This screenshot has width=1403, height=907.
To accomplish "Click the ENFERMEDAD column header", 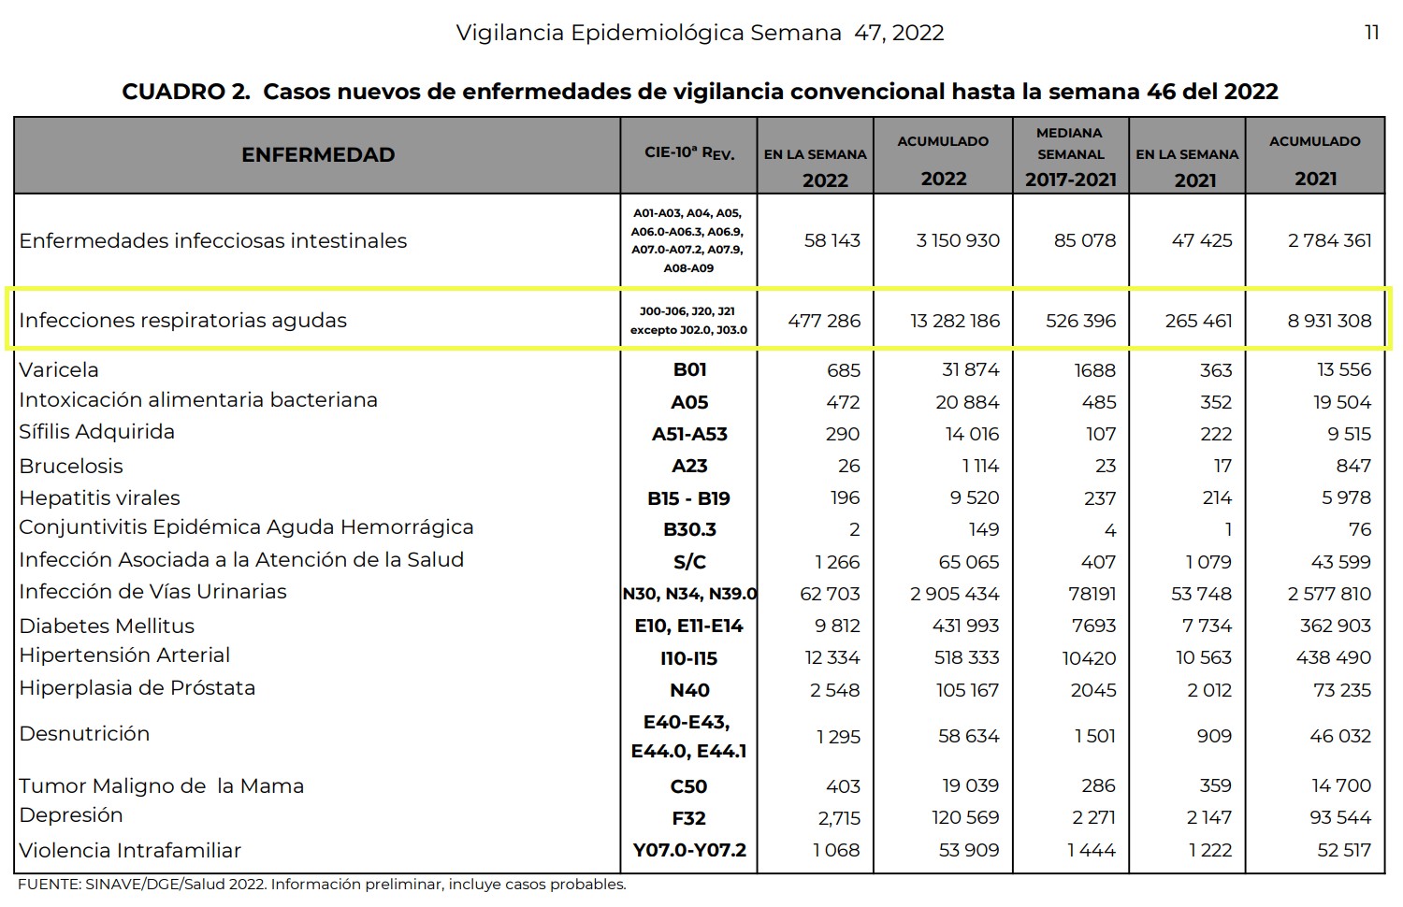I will pyautogui.click(x=318, y=155).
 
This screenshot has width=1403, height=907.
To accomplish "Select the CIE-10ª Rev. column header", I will pyautogui.click(x=689, y=153).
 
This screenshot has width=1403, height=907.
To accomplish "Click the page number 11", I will pyautogui.click(x=1372, y=33).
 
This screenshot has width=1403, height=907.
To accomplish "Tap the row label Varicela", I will pyautogui.click(x=59, y=369).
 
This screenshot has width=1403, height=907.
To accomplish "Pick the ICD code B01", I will pyautogui.click(x=689, y=370).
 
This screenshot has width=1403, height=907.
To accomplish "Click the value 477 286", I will pyautogui.click(x=824, y=321).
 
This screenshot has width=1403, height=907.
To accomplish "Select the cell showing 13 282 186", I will pyautogui.click(x=955, y=321).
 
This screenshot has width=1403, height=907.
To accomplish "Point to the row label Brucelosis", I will pyautogui.click(x=71, y=466).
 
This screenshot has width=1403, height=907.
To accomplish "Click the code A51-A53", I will pyautogui.click(x=689, y=434).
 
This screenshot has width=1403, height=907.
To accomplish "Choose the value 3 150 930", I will pyautogui.click(x=958, y=240).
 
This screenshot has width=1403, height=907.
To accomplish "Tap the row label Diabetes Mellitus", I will pyautogui.click(x=107, y=626).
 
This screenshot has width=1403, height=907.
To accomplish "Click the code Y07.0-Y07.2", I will pyautogui.click(x=689, y=850).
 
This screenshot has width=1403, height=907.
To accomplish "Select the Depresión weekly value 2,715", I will pyautogui.click(x=839, y=818).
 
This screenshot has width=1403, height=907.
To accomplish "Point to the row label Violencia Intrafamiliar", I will pyautogui.click(x=130, y=850).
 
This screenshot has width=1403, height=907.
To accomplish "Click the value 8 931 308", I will pyautogui.click(x=1329, y=321).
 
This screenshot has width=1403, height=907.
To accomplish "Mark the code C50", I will pyautogui.click(x=689, y=786).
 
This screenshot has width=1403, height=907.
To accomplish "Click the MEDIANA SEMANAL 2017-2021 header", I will pyautogui.click(x=1071, y=155).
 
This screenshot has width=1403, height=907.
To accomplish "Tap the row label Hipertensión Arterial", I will pyautogui.click(x=124, y=655).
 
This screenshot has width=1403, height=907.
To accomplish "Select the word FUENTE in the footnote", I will pyautogui.click(x=48, y=885).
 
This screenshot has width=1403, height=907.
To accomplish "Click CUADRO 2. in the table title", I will pyautogui.click(x=186, y=92).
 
